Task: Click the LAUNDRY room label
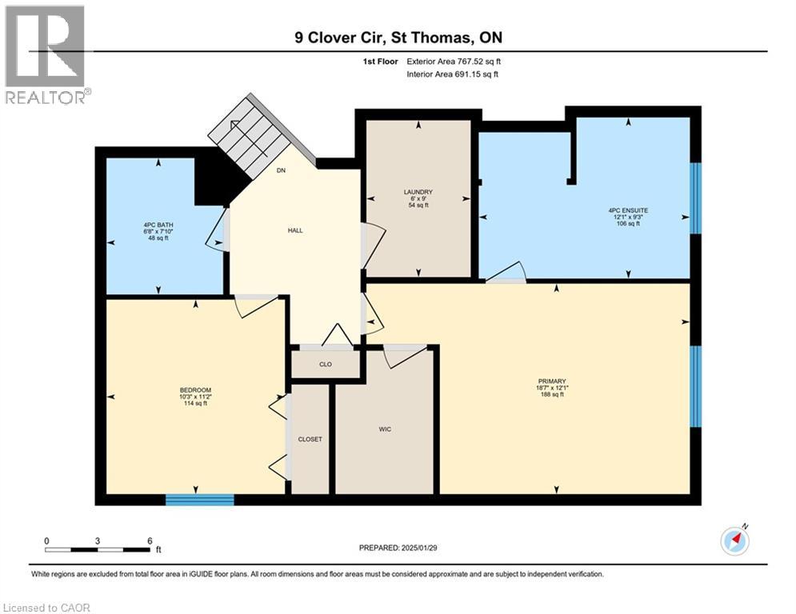tap(418, 192)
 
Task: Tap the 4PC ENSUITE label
tap(628, 210)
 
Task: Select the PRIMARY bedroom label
tap(552, 381)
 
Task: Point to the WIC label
tap(385, 429)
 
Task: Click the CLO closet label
tap(326, 365)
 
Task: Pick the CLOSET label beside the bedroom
tap(310, 440)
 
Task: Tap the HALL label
tap(295, 230)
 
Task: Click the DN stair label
tap(281, 170)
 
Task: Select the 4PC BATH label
tap(158, 225)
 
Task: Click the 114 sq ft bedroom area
tap(195, 404)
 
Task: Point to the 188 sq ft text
tap(552, 394)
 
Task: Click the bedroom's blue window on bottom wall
tap(200, 500)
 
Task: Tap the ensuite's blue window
tap(696, 198)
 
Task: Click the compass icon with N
tap(734, 541)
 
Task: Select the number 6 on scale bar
tap(150, 541)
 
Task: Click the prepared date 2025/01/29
tap(419, 548)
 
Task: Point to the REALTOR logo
tap(46, 55)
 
